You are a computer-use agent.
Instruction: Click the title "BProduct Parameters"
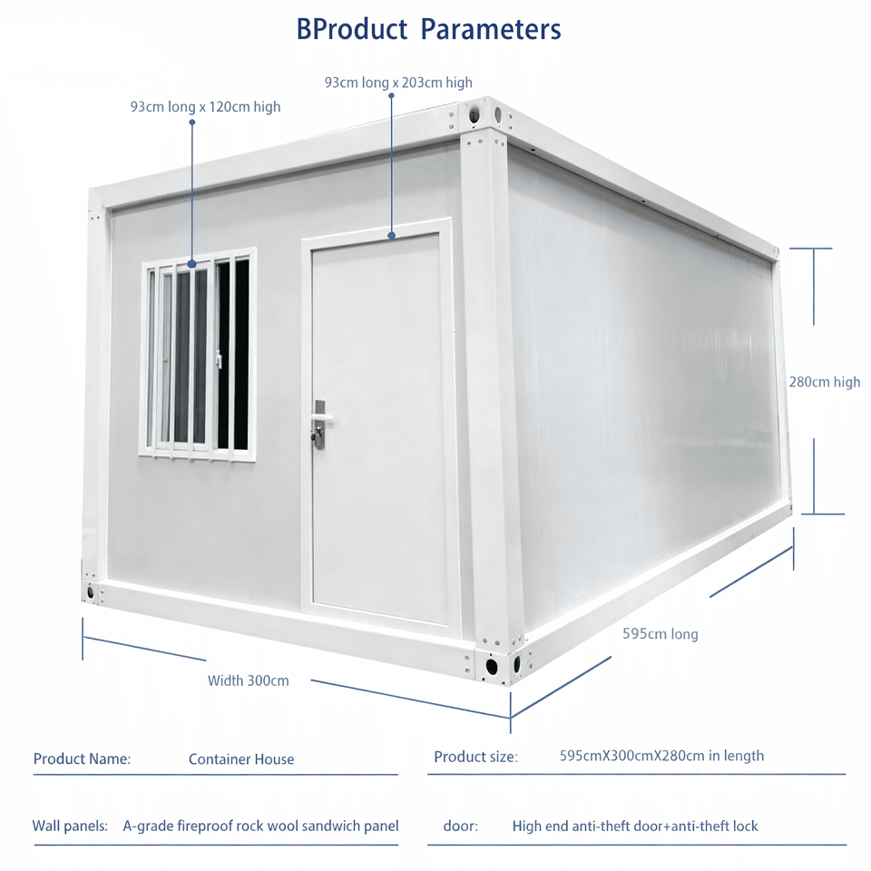428,29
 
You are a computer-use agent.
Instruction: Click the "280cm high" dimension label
824,382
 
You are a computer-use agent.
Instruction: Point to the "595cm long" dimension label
660,634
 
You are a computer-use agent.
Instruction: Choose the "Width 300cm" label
248,680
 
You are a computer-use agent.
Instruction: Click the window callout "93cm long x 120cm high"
205,107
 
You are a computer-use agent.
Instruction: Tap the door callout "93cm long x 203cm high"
398,83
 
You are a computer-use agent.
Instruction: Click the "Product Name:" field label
82,758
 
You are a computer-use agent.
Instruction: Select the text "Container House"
241,758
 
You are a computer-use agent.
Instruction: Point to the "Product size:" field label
475,757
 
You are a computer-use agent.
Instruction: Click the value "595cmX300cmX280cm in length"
661,756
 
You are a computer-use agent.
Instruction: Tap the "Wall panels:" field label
70,827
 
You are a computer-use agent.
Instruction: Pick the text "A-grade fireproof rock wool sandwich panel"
260,827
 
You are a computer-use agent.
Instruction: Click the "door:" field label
461,827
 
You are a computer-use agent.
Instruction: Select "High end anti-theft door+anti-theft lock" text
635,827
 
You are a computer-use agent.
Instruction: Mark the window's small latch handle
219,359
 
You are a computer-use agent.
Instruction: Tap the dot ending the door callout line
392,236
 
